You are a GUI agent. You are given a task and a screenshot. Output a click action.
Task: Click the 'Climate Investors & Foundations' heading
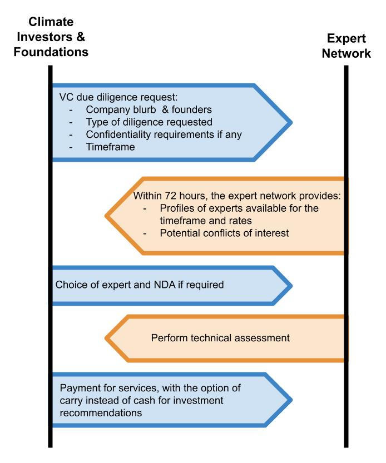pyautogui.click(x=51, y=37)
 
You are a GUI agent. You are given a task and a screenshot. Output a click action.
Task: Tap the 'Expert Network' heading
pyautogui.click(x=345, y=46)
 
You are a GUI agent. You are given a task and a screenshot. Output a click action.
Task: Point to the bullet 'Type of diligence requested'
pyautogui.click(x=149, y=122)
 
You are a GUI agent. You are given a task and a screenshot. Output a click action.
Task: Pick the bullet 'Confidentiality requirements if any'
pyautogui.click(x=164, y=135)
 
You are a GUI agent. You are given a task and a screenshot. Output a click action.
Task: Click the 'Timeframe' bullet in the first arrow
pyautogui.click(x=110, y=147)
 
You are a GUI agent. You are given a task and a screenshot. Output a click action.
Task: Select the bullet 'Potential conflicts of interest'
pyautogui.click(x=224, y=233)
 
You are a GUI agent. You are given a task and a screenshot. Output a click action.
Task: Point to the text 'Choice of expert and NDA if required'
pyautogui.click(x=140, y=285)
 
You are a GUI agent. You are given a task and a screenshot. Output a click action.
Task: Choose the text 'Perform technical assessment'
pyautogui.click(x=220, y=337)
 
